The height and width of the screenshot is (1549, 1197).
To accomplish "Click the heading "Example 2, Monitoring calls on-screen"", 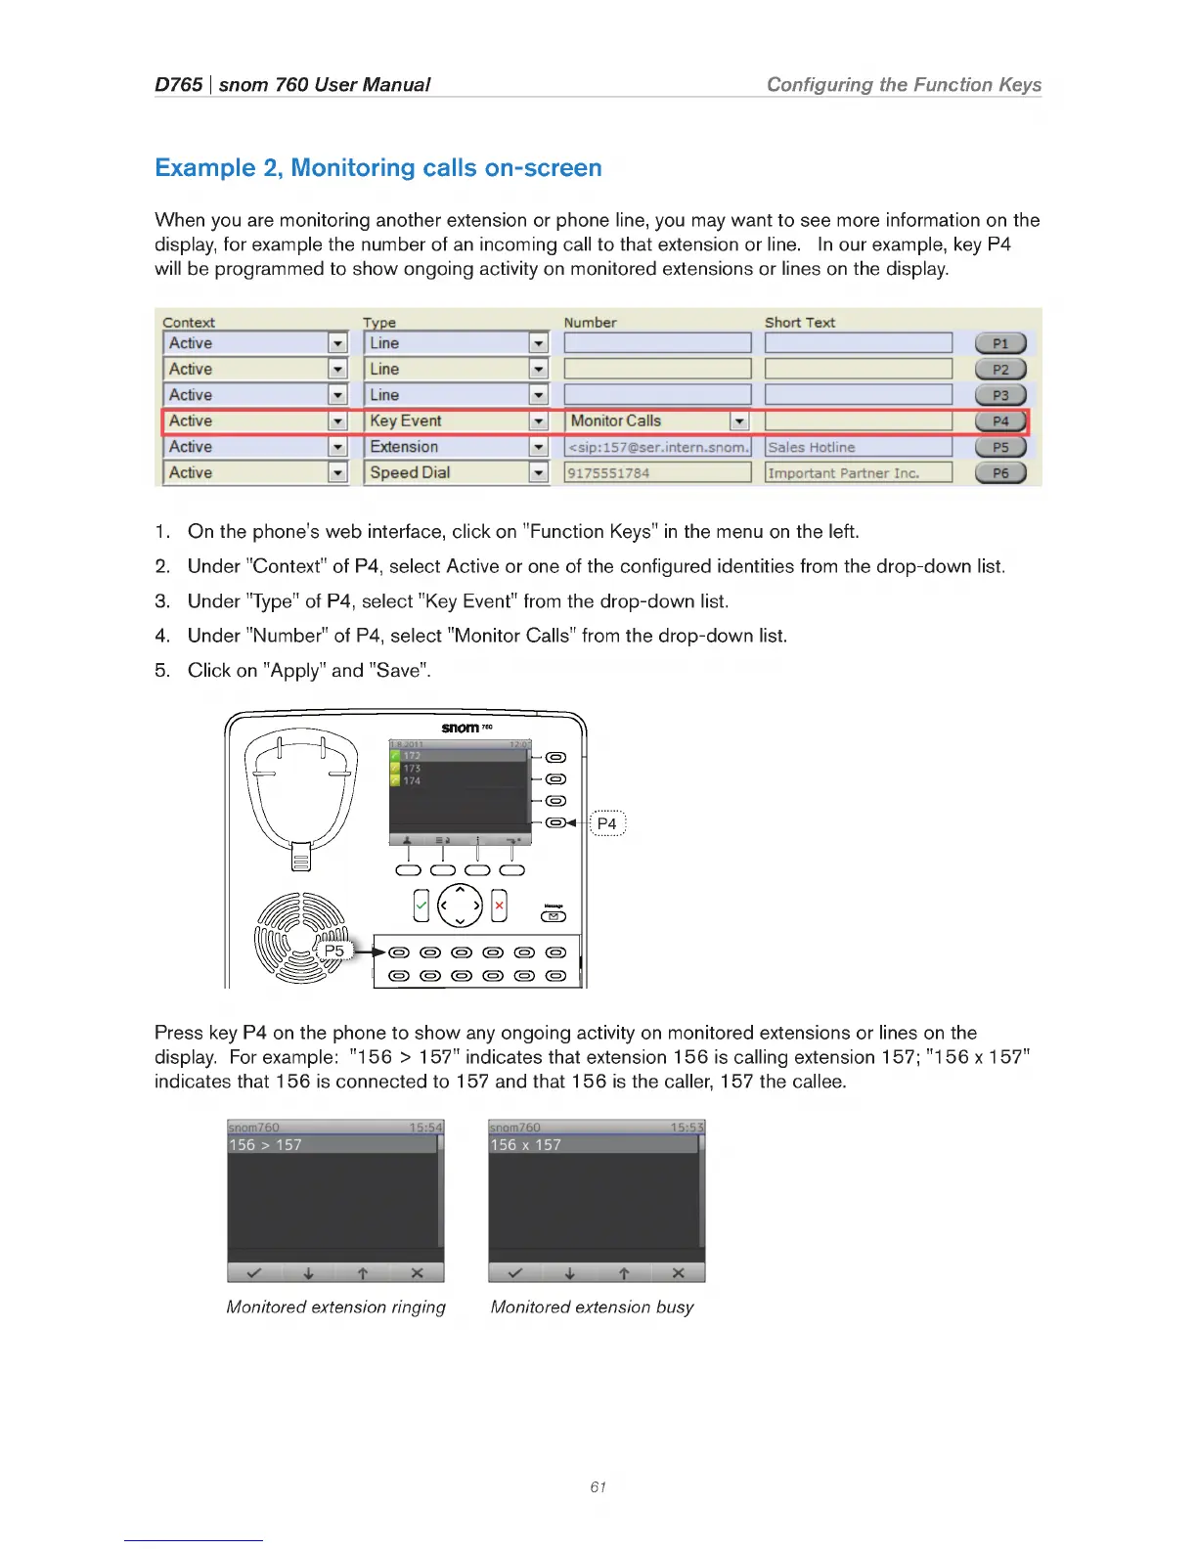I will [377, 168].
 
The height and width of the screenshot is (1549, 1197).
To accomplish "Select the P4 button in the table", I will [1000, 421].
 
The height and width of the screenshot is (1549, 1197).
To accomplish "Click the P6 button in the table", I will [1000, 473].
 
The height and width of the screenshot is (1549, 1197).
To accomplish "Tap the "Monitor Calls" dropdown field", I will [657, 421].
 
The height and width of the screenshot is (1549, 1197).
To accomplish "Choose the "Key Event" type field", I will [456, 421].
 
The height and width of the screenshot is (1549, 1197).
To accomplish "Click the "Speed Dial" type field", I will [456, 473].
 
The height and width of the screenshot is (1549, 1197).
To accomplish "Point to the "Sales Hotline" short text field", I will [858, 448].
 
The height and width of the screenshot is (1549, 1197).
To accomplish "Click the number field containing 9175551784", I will [657, 473].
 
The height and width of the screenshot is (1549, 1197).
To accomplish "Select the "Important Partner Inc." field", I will [858, 473].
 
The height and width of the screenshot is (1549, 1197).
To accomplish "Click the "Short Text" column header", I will [799, 323].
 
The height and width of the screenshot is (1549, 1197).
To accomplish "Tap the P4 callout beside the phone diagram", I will [606, 823].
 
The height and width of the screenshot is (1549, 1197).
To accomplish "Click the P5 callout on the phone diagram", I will [334, 951].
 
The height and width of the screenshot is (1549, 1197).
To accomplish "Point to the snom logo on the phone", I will [462, 728].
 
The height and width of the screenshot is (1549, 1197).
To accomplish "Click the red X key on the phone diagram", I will [499, 906].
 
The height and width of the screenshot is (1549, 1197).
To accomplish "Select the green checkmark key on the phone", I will [421, 906].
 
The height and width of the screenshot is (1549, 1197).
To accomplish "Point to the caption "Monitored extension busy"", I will [592, 1307].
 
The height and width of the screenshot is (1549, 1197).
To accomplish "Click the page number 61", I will [598, 1487].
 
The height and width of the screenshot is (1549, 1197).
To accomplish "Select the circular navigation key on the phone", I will [460, 906].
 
